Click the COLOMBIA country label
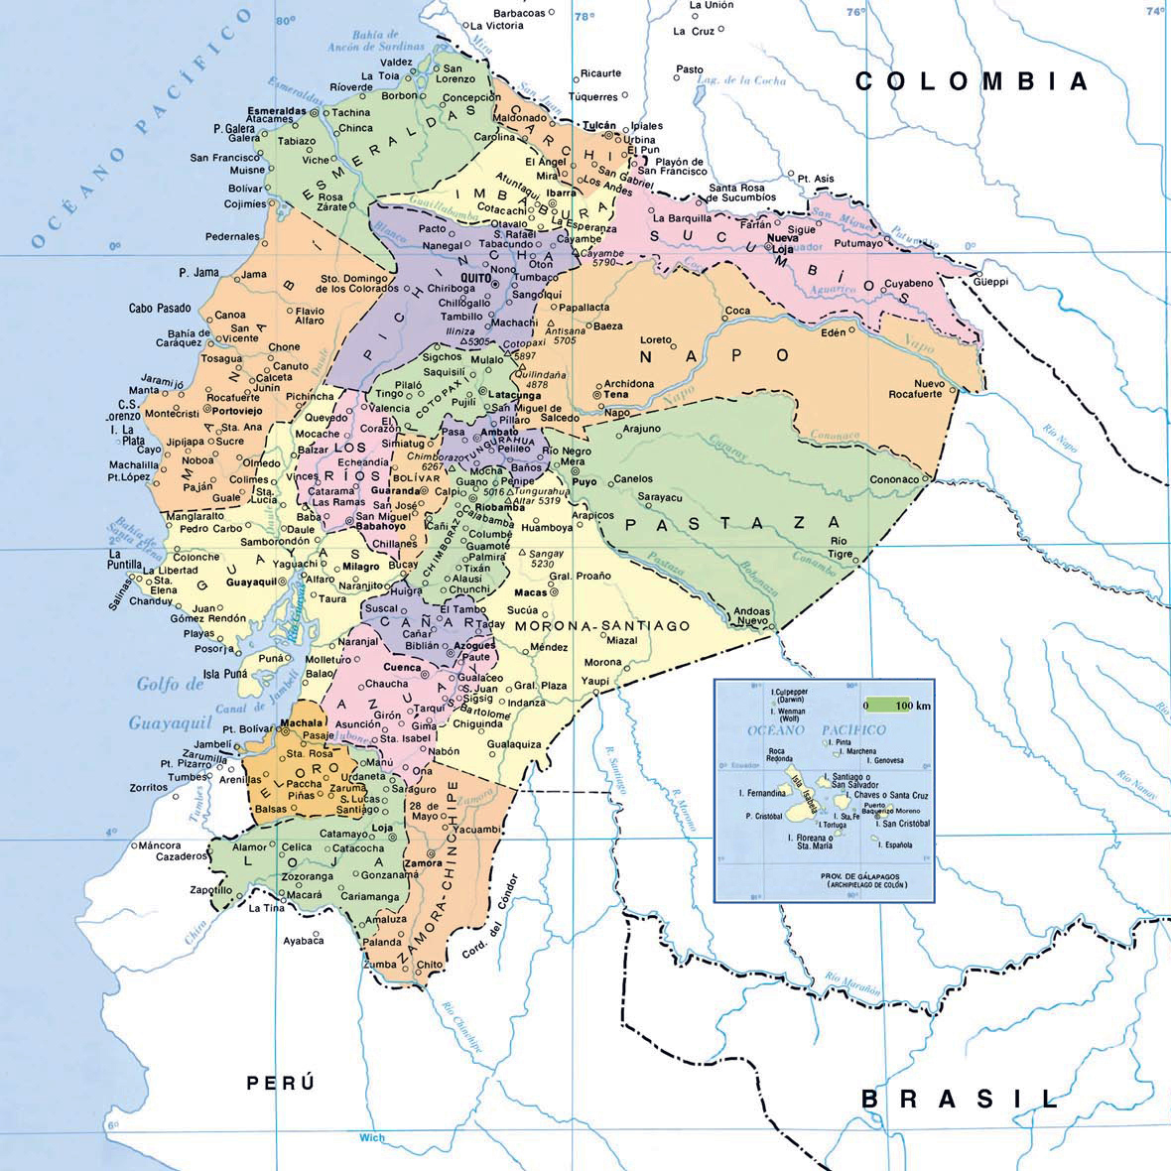click(972, 81)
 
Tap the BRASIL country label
click(960, 1099)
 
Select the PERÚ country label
click(281, 1083)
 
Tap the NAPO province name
click(716, 355)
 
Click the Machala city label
click(302, 723)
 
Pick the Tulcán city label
click(600, 125)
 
